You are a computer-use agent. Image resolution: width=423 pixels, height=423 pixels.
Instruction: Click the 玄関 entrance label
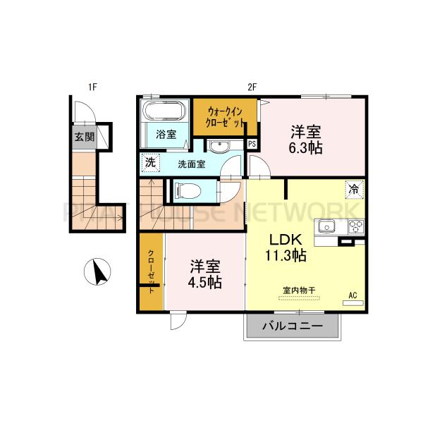tap(84, 136)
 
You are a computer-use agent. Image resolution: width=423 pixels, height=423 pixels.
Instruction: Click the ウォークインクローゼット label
tap(225, 116)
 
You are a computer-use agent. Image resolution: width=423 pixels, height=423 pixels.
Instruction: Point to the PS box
tap(252, 145)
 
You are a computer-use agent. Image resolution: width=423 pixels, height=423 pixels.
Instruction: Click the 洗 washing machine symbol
tap(149, 161)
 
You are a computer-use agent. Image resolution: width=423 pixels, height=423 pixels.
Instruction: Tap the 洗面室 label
tap(191, 164)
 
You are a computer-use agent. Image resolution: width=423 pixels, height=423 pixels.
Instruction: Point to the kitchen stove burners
tap(355, 227)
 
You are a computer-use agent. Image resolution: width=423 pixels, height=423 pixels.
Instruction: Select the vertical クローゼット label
tap(152, 271)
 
